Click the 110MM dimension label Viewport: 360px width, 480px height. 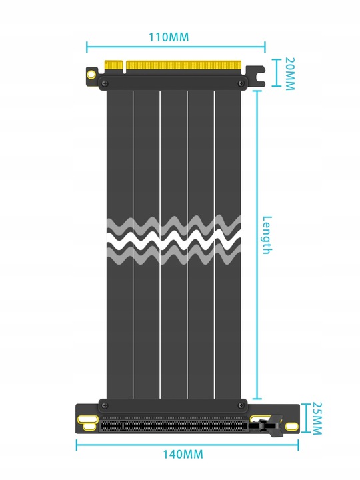point(168,37)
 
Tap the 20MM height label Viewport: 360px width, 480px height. point(289,73)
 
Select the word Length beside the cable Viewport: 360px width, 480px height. point(267,235)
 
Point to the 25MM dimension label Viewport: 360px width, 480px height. point(316,419)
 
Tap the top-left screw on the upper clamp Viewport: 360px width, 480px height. point(103,81)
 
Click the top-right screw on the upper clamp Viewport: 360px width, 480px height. point(240,81)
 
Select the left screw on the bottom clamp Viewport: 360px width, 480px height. point(103,404)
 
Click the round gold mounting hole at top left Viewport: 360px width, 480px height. point(89,75)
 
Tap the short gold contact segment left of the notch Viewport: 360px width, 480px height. point(114,66)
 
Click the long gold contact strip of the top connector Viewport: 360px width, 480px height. point(184,66)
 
